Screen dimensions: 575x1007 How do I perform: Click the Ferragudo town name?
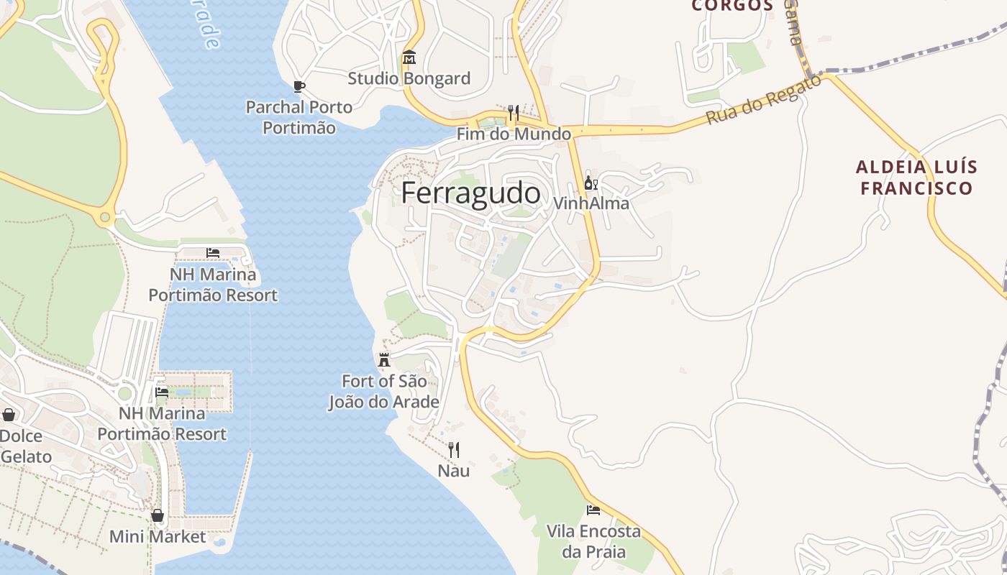[x=470, y=193]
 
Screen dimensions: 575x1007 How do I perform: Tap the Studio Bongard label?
[x=409, y=78]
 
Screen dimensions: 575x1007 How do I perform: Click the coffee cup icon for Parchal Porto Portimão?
[x=299, y=87]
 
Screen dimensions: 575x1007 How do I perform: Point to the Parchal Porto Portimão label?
[x=299, y=117]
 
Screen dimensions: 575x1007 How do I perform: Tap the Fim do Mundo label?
[x=514, y=134]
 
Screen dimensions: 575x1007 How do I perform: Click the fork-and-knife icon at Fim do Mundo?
[x=514, y=113]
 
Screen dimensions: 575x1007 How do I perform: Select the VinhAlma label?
[x=591, y=203]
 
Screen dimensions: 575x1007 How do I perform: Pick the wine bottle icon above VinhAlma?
[x=591, y=183]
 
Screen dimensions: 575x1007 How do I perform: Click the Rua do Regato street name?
[x=763, y=100]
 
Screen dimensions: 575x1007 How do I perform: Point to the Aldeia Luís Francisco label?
[x=916, y=178]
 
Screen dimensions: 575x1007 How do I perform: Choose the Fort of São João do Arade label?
[x=384, y=392]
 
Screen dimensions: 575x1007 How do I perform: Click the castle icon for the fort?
[x=384, y=360]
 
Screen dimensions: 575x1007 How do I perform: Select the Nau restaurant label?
[x=454, y=471]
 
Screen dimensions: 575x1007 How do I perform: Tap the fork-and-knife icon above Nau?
[x=454, y=450]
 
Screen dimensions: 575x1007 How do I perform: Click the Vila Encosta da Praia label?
[x=593, y=541]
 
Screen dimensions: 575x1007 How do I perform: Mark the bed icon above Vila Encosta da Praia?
[x=593, y=510]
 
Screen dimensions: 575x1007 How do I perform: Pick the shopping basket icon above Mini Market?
[x=158, y=516]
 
